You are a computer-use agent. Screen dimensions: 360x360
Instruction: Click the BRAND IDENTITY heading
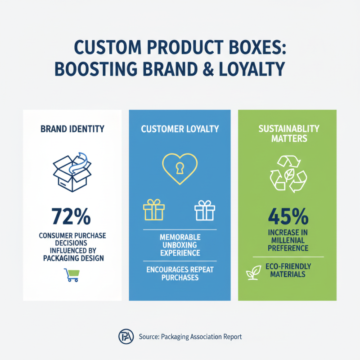72,129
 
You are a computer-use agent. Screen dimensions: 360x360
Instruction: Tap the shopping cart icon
72,274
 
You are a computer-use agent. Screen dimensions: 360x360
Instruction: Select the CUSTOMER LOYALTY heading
180,129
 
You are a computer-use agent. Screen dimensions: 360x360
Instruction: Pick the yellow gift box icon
154,210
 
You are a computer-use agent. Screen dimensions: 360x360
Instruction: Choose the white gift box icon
205,210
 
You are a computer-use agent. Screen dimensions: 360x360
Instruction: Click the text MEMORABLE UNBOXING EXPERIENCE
180,245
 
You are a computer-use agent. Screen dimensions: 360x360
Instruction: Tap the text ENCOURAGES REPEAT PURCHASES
180,274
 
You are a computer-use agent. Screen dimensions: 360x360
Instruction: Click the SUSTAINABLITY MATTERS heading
288,134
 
